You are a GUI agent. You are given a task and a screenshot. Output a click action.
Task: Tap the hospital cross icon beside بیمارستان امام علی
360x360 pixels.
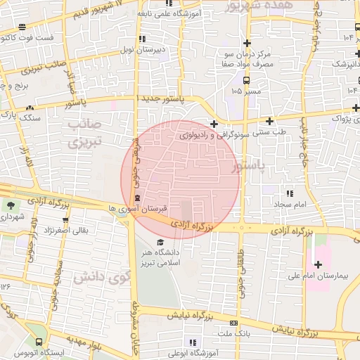coord(319,264)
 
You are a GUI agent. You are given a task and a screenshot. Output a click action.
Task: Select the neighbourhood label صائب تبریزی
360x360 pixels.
coord(85,134)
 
